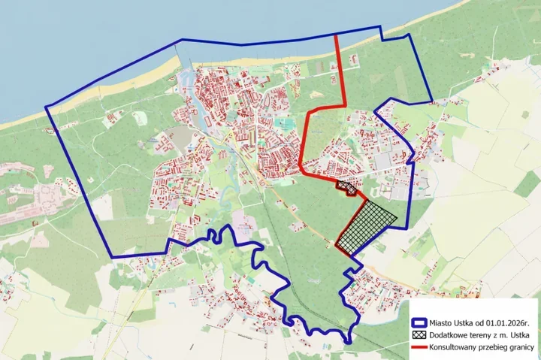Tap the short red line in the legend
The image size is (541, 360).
point(419,348)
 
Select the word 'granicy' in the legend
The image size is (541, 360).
point(519,348)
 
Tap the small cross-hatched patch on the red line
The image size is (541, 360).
point(346,186)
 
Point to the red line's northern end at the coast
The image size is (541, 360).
point(336,35)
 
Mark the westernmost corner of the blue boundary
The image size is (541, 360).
point(46,107)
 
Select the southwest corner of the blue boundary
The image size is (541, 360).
point(113,257)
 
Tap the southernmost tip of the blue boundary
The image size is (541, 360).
point(346,343)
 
